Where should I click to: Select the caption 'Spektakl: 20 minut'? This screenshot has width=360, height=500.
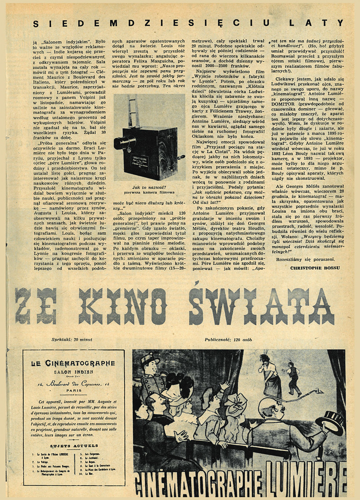click(72, 339)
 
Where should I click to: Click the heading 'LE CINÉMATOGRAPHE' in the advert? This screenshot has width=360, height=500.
click(73, 363)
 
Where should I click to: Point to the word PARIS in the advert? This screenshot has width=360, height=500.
click(74, 390)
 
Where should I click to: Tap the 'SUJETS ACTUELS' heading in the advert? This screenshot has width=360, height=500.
click(74, 446)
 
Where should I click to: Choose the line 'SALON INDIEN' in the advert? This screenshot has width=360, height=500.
click(73, 372)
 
